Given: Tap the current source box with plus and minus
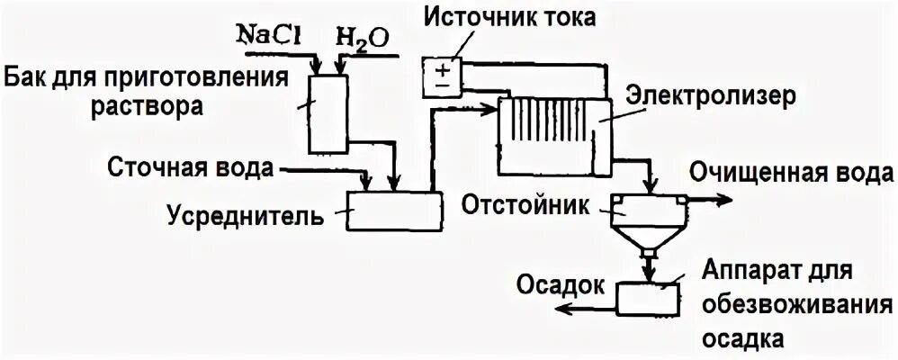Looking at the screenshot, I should (441, 73).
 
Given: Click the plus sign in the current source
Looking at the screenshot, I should (441, 65).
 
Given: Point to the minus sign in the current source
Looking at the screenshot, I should (441, 82).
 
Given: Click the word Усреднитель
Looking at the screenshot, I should (246, 216).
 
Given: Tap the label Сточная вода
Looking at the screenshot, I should (191, 168).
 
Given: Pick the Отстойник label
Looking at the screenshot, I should (527, 203).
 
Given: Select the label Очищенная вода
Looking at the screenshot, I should (791, 171).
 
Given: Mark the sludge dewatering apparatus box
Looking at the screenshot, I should (647, 296).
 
